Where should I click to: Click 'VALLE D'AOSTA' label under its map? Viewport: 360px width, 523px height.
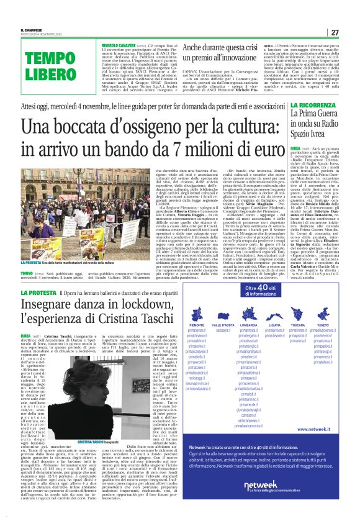tap(223, 324)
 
